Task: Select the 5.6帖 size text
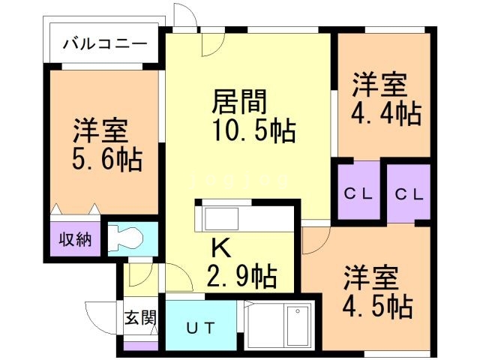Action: coord(107,159)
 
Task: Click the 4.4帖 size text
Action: coord(386,113)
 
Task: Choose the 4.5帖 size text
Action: coord(379,305)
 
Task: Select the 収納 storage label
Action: coord(75,239)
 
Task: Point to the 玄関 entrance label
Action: coord(140,317)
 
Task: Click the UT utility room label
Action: coord(199,327)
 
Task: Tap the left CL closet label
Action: coord(358,193)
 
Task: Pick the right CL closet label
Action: coord(409,193)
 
